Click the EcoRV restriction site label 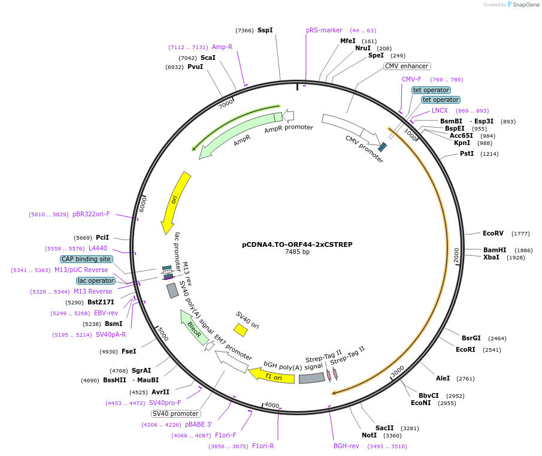pyautogui.click(x=493, y=233)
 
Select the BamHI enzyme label pyautogui.click(x=495, y=250)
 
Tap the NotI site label pyautogui.click(x=369, y=435)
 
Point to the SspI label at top pyautogui.click(x=265, y=30)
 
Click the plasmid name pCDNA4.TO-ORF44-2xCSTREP pyautogui.click(x=297, y=244)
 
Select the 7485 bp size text pyautogui.click(x=297, y=252)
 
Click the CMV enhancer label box pyautogui.click(x=407, y=66)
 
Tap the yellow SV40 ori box pyautogui.click(x=241, y=330)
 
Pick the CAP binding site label pyautogui.click(x=86, y=259)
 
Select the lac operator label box pyautogui.click(x=96, y=280)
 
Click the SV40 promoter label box pyautogui.click(x=175, y=413)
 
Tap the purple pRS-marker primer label pyautogui.click(x=324, y=30)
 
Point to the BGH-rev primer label pyautogui.click(x=346, y=446)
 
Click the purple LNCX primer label pyautogui.click(x=440, y=110)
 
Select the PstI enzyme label pyautogui.click(x=467, y=153)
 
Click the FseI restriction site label pyautogui.click(x=129, y=351)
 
